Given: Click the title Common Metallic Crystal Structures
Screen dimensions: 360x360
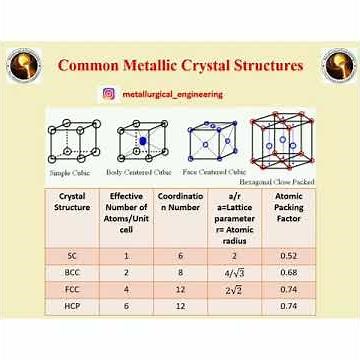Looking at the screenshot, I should tap(180, 66).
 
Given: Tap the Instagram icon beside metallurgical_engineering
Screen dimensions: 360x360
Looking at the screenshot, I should tap(108, 94).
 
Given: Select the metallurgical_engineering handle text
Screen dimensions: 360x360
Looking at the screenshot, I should tap(172, 94).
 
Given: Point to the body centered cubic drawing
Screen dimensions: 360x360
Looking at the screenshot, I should tap(142, 141).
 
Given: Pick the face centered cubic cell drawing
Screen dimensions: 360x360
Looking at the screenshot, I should tap(211, 141).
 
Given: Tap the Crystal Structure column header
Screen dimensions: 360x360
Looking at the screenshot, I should tap(72, 202).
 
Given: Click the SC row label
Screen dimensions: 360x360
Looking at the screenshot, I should tap(72, 256).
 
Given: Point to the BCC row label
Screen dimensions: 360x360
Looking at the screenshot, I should tap(72, 272).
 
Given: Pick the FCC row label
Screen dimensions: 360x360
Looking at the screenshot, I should tap(72, 289).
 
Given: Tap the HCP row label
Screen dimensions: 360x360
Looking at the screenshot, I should tap(72, 306).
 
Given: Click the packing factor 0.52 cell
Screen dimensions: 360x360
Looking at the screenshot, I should tap(288, 256).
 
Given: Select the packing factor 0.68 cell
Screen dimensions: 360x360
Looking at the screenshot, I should tap(288, 272).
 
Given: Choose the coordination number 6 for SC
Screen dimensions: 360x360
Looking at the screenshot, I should tap(180, 256).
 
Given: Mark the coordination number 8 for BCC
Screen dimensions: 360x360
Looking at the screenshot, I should tap(180, 272).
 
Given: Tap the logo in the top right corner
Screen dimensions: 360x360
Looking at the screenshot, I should tap(338, 66).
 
